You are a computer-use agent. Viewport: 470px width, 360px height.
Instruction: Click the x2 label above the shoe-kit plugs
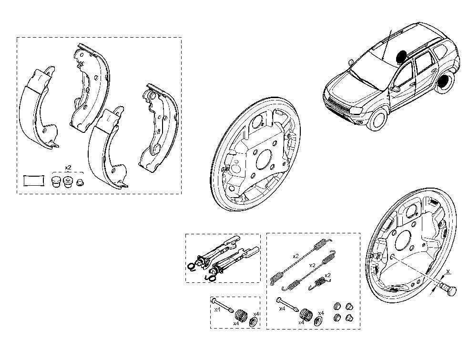coord(68,168)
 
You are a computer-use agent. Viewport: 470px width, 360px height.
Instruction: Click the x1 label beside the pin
coord(216,310)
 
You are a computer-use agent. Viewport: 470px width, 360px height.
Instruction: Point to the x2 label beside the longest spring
coord(296,256)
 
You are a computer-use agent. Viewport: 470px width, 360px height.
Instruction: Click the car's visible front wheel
coord(379,120)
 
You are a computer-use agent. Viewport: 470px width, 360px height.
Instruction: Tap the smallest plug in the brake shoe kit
coord(80,183)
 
